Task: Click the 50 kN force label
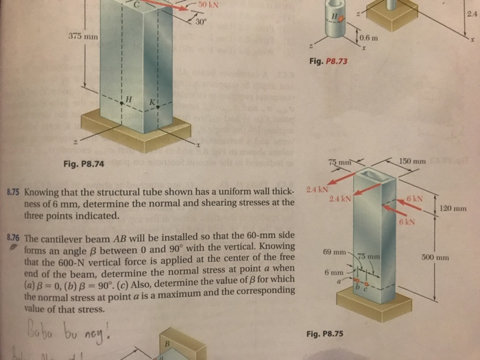click(x=208, y=5)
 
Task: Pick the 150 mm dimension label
click(x=413, y=160)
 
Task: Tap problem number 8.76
click(x=12, y=237)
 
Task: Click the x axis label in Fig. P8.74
click(x=197, y=145)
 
